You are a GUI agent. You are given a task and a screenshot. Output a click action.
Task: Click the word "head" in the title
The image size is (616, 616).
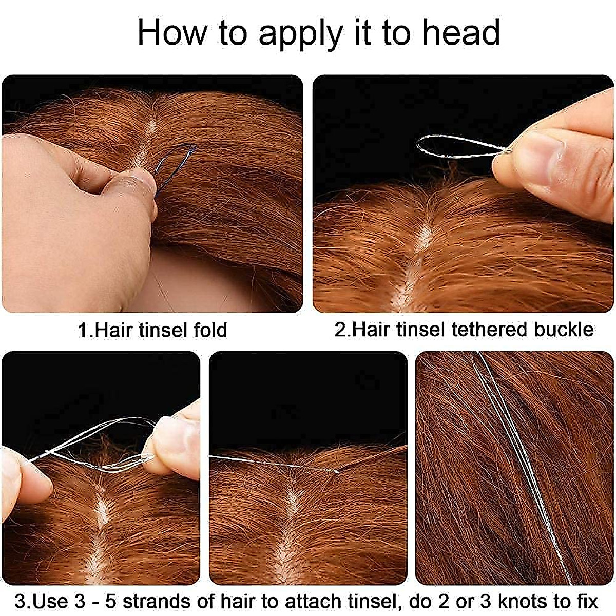tap(460, 32)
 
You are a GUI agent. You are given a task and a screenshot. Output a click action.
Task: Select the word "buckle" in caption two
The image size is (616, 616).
tap(564, 329)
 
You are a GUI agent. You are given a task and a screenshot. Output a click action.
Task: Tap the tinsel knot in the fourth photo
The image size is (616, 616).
tap(336, 470)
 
